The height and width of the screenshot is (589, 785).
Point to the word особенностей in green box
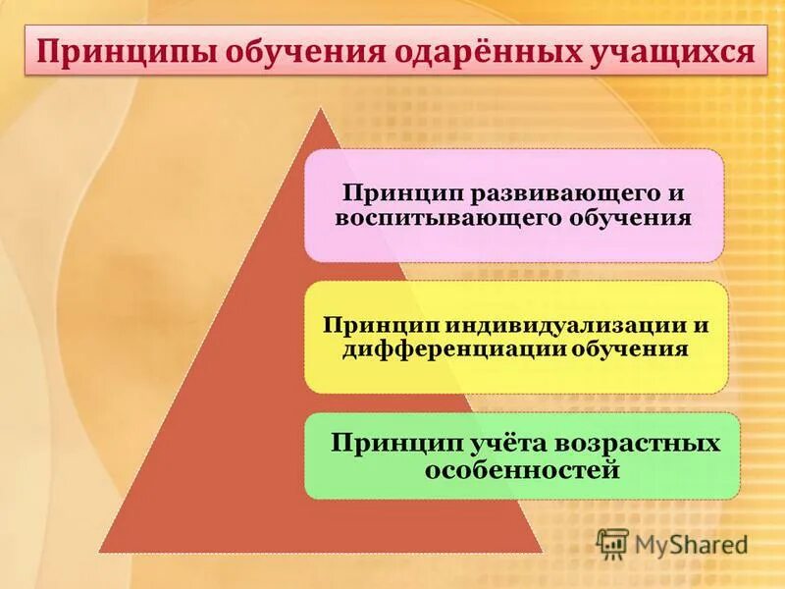523,469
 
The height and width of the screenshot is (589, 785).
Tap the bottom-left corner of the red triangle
99,552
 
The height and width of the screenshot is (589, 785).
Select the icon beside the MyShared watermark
612,543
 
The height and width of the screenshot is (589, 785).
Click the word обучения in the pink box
630,217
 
